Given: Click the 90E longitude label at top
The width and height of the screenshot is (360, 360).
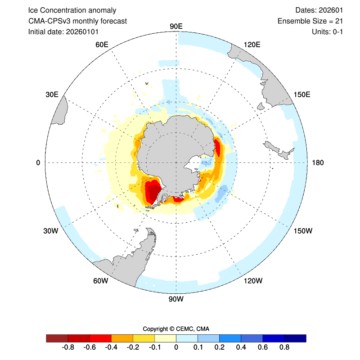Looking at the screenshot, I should click(175, 26).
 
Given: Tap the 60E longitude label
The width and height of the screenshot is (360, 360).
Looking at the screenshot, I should click(102, 45).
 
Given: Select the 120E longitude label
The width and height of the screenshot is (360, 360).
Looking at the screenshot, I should click(252, 45).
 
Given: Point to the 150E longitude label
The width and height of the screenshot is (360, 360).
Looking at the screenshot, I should click(302, 94).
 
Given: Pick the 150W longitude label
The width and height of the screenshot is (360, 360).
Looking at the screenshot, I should click(303, 231).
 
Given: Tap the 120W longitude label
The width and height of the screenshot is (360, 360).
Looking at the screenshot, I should click(252, 281).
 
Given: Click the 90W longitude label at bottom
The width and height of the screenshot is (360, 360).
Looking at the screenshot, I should click(175, 299).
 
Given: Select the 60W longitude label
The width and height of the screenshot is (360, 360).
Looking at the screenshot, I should click(101, 281).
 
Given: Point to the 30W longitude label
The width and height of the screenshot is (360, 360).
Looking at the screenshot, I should click(51, 231).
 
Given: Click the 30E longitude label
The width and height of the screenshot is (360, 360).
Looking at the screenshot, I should click(52, 94).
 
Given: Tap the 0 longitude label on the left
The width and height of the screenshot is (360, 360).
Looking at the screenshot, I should click(38, 162).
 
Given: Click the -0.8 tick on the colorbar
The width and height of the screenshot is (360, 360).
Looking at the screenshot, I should click(68, 347).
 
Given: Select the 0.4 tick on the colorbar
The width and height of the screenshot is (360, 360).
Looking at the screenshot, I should click(241, 347).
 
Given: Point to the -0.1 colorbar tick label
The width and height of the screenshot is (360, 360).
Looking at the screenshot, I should click(154, 347).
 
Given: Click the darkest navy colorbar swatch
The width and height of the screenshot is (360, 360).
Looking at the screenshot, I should click(295, 338).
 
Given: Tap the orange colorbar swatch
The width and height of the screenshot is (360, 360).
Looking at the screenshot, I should click(122, 338).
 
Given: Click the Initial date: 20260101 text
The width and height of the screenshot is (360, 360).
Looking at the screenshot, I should click(63, 31).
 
